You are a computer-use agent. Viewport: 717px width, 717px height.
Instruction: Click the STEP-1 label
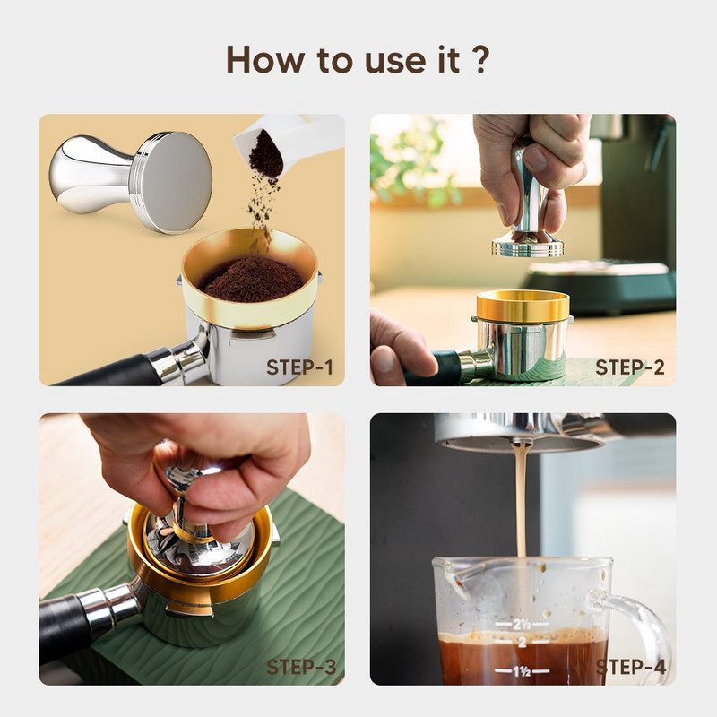299,367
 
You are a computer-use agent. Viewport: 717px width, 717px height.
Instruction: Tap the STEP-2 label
630,367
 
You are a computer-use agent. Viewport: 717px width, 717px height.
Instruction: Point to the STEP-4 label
630,667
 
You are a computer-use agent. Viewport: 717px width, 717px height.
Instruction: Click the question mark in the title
480,60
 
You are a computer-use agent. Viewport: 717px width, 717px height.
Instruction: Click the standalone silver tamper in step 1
134,175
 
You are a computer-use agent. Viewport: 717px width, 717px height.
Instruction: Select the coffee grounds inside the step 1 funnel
251,280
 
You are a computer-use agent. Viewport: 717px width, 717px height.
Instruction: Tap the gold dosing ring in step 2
522,306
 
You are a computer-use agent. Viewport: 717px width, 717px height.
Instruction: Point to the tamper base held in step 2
527,245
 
